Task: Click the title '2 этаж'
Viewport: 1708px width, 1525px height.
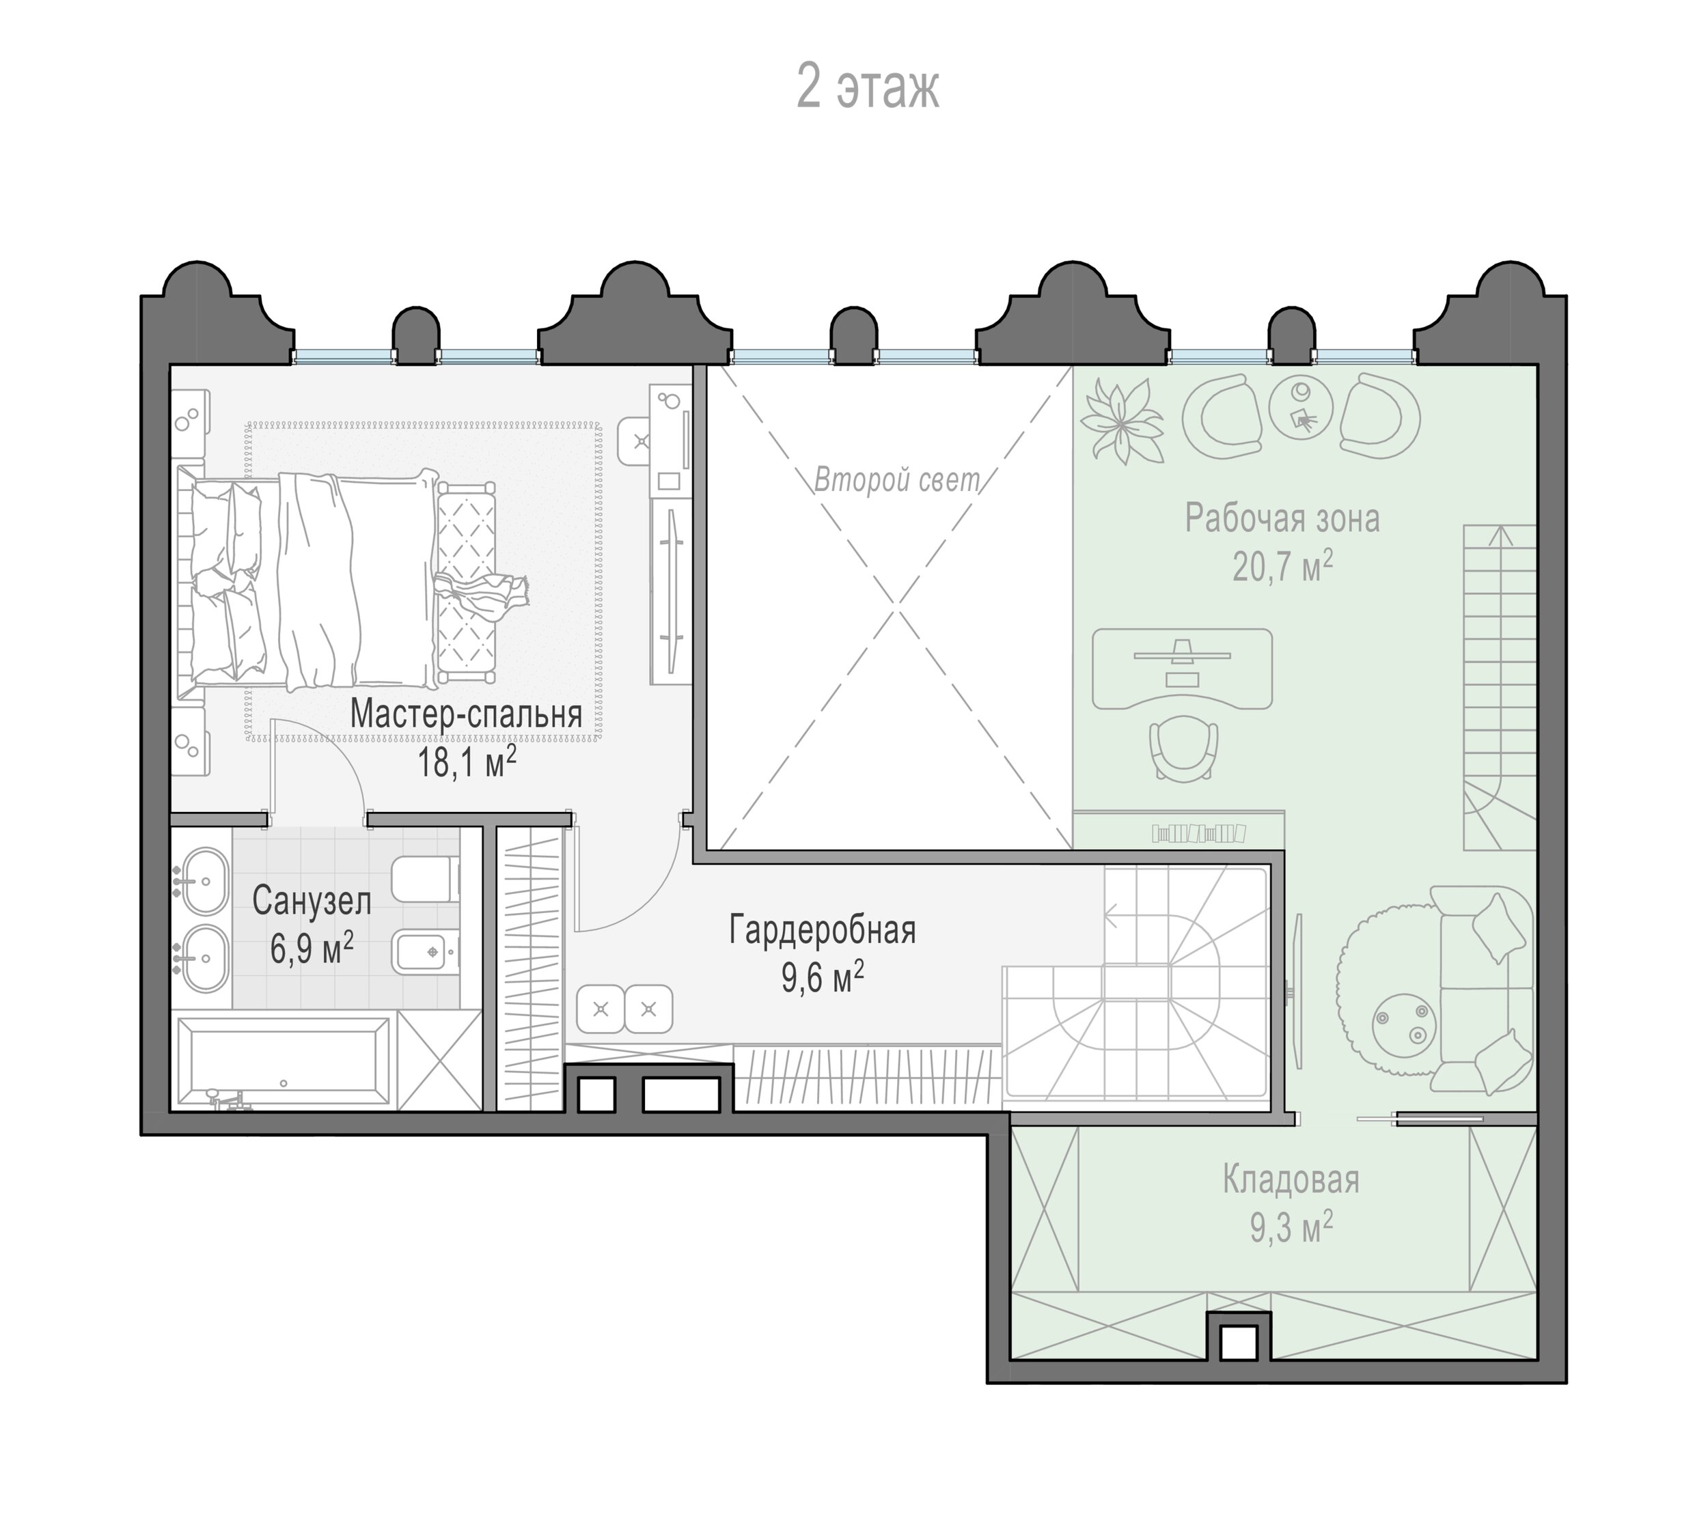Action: point(868,86)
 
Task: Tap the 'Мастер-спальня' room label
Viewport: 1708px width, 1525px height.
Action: point(466,714)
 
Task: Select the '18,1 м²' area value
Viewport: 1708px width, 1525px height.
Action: point(467,762)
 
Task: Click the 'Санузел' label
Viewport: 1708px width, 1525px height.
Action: point(312,901)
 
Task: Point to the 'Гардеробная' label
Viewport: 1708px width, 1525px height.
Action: point(822,930)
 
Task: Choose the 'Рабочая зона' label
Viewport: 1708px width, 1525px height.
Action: point(1282,518)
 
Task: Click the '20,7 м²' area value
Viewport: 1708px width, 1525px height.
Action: point(1282,566)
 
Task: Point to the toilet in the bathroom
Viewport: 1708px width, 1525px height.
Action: point(426,879)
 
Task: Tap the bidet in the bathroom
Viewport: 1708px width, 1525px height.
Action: point(426,952)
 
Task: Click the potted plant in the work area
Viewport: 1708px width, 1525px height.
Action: point(1122,420)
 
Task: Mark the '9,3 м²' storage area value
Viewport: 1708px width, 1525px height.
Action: point(1291,1229)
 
